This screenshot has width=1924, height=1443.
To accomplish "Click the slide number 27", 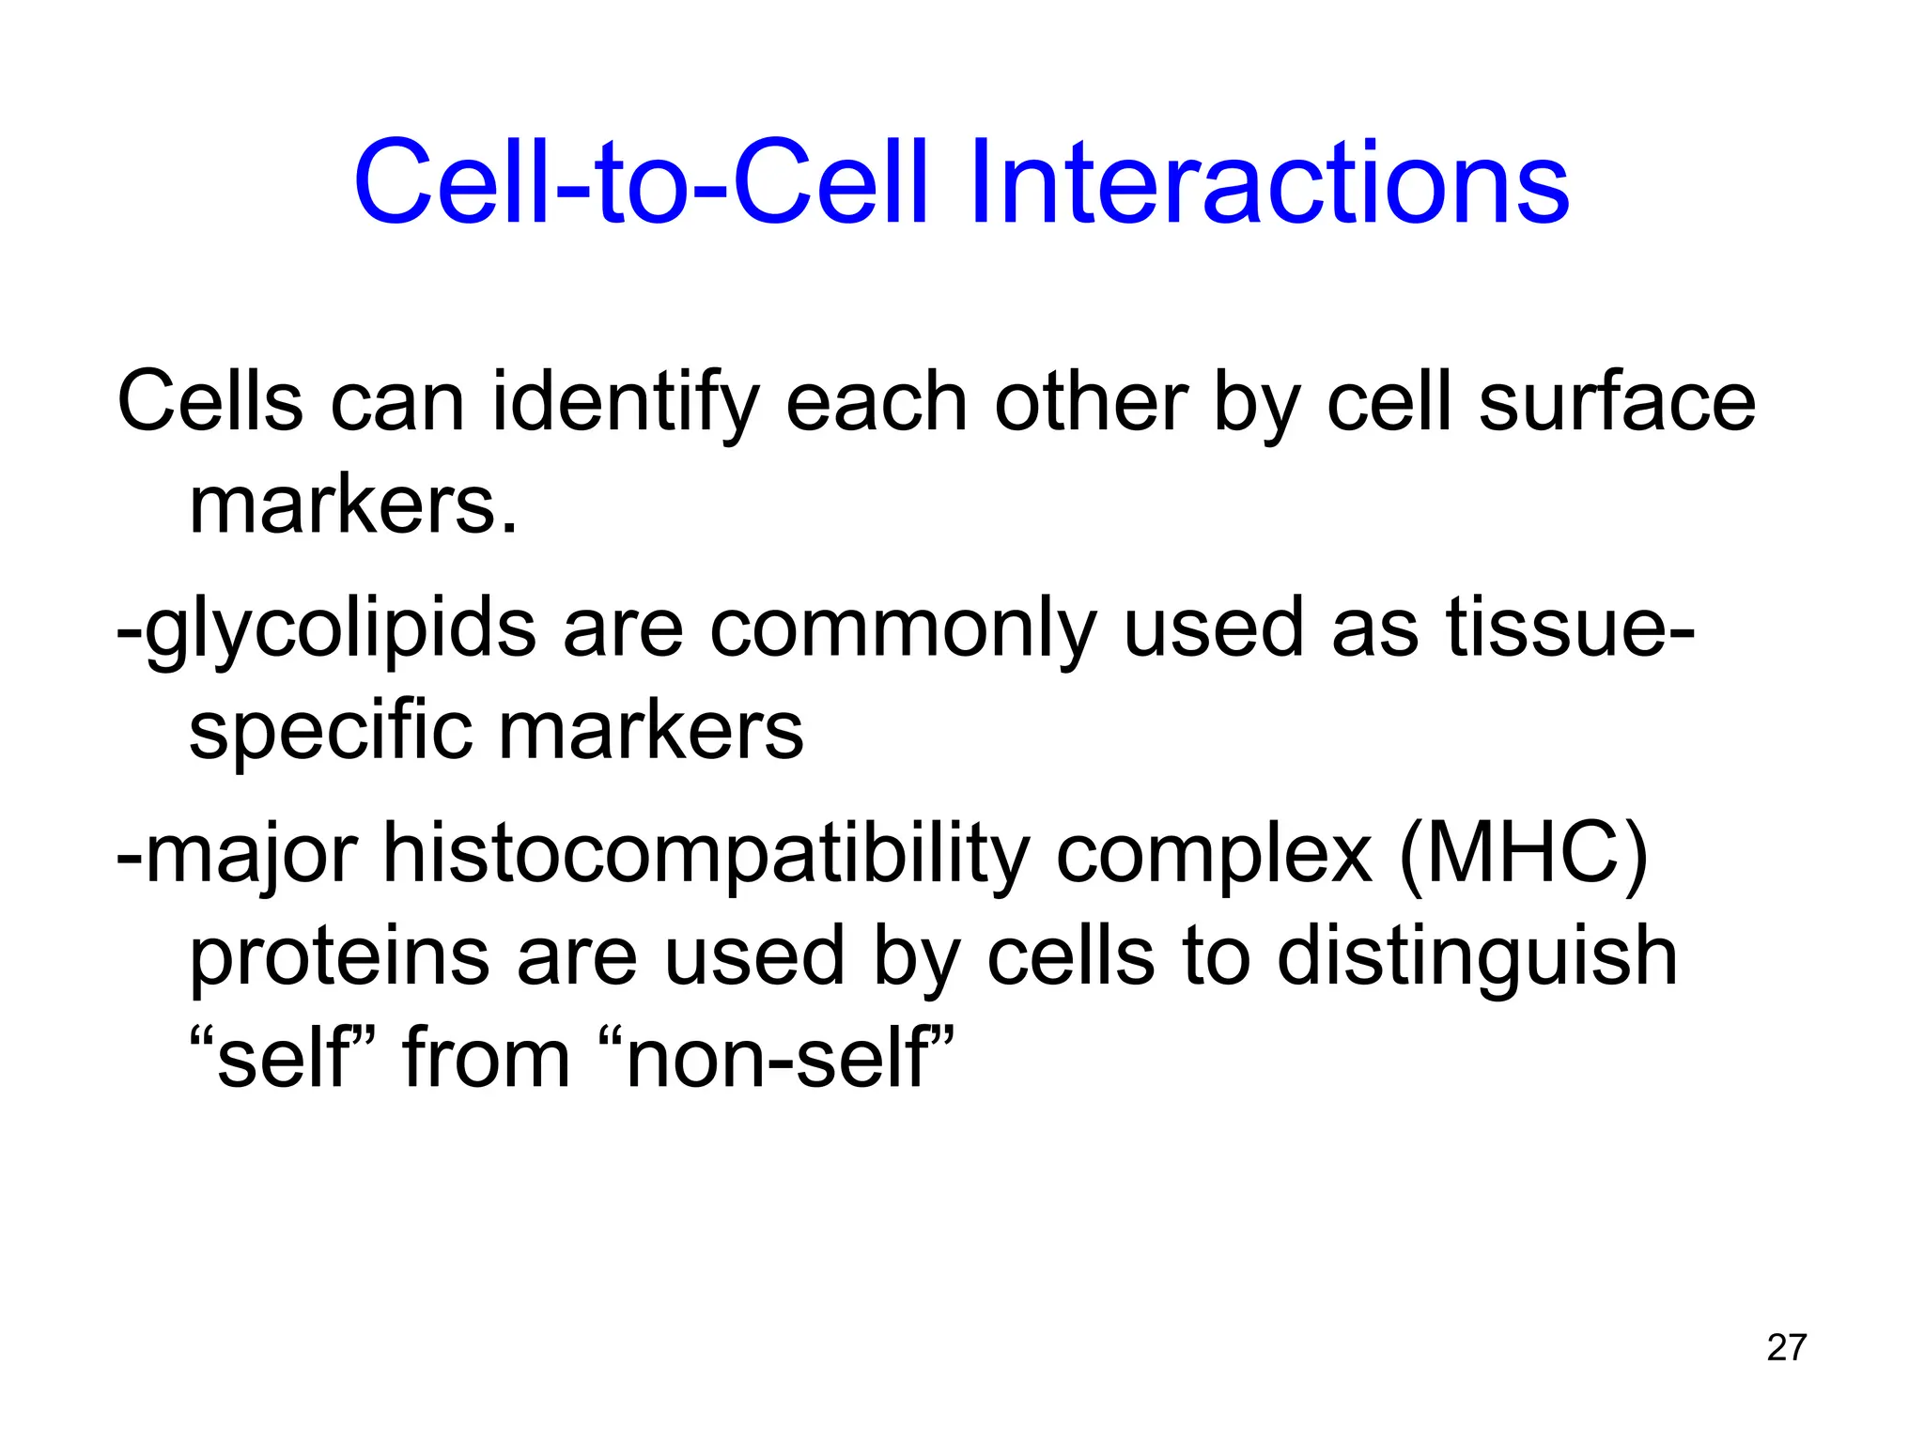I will [x=1786, y=1347].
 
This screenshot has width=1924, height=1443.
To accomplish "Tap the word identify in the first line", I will [x=624, y=402].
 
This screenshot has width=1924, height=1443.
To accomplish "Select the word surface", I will [x=1616, y=402].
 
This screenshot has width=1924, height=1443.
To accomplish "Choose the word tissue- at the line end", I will [x=1569, y=628].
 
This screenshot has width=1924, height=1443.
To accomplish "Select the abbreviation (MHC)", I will [x=1523, y=855].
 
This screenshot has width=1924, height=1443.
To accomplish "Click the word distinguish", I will [x=1477, y=956].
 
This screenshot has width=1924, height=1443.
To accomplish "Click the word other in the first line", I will [x=1091, y=402].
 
